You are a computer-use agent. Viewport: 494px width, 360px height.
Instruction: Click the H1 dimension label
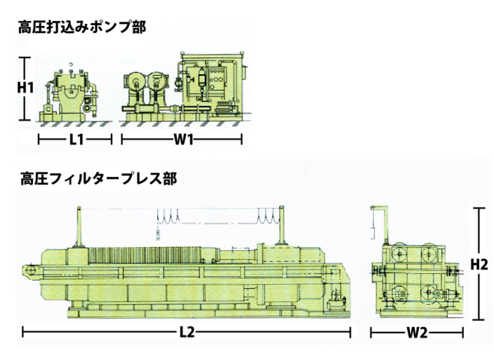tap(25, 88)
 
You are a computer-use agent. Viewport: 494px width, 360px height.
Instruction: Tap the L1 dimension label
tap(76, 139)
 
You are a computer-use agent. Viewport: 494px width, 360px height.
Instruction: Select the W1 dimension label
tap(184, 139)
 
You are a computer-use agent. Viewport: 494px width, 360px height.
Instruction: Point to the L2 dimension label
tap(187, 332)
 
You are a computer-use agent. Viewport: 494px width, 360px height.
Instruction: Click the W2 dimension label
tap(417, 333)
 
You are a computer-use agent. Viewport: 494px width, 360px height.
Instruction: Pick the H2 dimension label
tap(479, 265)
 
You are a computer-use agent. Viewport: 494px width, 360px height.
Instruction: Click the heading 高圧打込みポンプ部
tap(82, 27)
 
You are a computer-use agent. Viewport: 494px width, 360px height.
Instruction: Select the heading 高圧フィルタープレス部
tap(98, 178)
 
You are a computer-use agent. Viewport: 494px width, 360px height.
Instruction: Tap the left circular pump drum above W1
tap(136, 82)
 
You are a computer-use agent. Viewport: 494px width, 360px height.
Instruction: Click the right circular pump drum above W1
tap(156, 82)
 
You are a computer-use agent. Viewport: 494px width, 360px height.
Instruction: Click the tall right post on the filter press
tap(281, 225)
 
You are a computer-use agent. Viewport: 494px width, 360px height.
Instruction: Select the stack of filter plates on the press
tap(145, 255)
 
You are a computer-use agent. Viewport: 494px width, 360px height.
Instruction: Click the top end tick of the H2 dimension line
tap(479, 208)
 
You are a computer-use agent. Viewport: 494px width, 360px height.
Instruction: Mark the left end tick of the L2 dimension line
tap(23, 332)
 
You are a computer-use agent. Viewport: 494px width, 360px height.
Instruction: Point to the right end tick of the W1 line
tap(241, 139)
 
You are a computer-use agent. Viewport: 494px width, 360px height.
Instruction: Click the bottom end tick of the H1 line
tap(25, 120)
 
